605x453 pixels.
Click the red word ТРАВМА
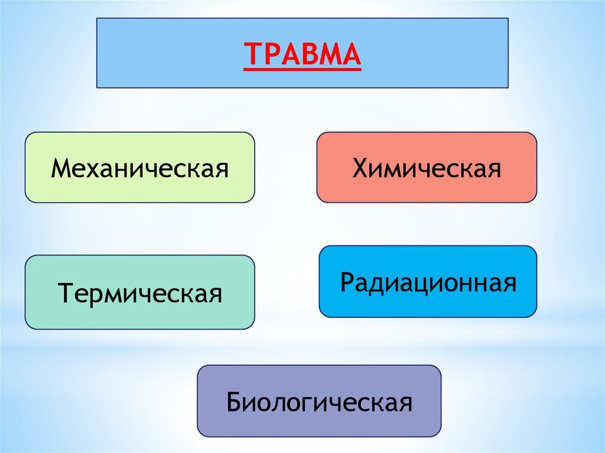pos(302,54)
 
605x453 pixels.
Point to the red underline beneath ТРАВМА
pos(302,70)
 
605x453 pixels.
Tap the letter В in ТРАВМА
pos(303,54)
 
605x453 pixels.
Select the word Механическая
pos(139,168)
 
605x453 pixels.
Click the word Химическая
pos(427,168)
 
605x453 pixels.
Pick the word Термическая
pos(139,292)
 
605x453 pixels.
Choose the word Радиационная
pos(428,283)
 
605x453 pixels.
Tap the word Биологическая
pos(319,403)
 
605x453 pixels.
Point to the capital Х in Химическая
pos(359,168)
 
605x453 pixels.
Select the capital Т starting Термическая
pos(64,292)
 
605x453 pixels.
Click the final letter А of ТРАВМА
pos(350,54)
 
